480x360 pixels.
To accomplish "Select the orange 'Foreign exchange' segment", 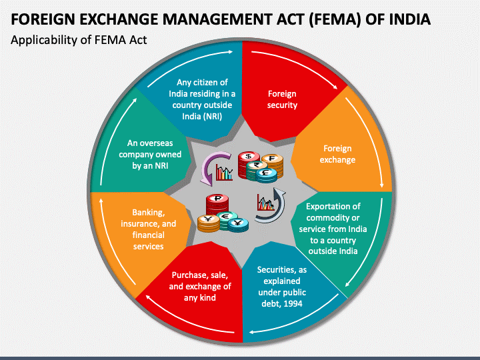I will coord(337,154).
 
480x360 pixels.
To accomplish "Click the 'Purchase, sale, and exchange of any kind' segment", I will coord(201,286).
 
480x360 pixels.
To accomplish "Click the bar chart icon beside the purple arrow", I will coord(225,173).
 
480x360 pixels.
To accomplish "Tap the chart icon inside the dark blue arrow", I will coord(265,203).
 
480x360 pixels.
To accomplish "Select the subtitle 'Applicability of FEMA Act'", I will coord(79,40).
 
